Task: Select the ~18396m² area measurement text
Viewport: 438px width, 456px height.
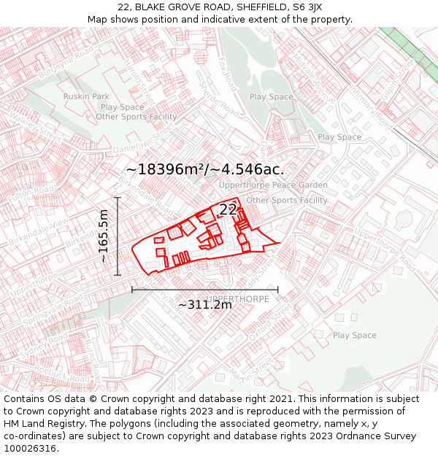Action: (167, 169)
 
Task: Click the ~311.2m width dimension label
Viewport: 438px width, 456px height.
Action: (204, 304)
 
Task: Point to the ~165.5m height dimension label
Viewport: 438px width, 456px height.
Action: (104, 236)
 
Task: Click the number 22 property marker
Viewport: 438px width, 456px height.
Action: (228, 209)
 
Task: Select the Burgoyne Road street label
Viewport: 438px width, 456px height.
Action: (67, 63)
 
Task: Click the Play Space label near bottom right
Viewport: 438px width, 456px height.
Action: (355, 336)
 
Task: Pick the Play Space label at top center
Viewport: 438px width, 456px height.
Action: (271, 96)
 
